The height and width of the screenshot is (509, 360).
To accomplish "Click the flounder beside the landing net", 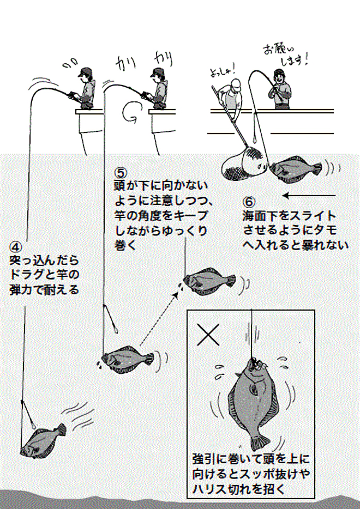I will tap(292, 168).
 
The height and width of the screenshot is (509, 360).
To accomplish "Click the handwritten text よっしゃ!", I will tap(221, 71).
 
